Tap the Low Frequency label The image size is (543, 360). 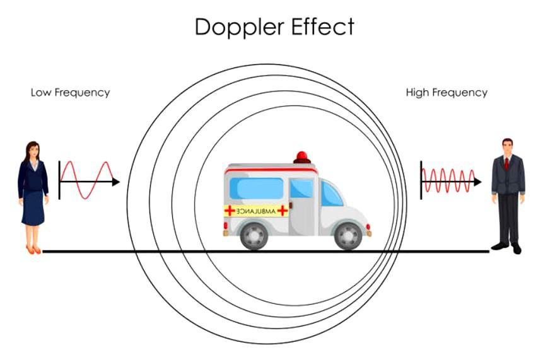coord(70,93)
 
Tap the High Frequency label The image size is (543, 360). coord(447,93)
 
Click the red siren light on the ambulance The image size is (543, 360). coord(302,156)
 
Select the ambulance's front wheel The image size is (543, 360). coord(347,235)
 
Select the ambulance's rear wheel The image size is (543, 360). coord(254,235)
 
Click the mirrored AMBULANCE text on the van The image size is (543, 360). coord(256,211)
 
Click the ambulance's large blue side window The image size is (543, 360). coord(256,188)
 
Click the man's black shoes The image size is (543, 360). coord(508,247)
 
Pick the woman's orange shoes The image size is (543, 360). coord(33,250)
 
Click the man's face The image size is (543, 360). coord(508,148)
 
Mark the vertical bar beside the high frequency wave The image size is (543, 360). coord(421,180)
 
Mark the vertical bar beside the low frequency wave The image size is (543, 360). coord(59,180)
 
